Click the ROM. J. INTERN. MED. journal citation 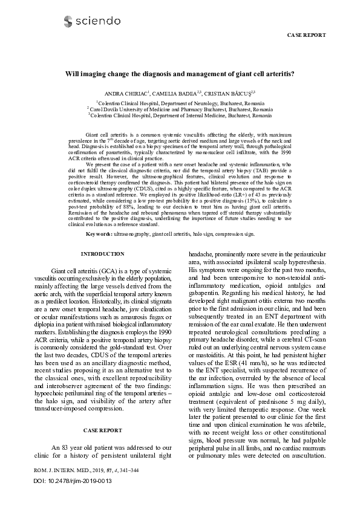coord(91,486)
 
